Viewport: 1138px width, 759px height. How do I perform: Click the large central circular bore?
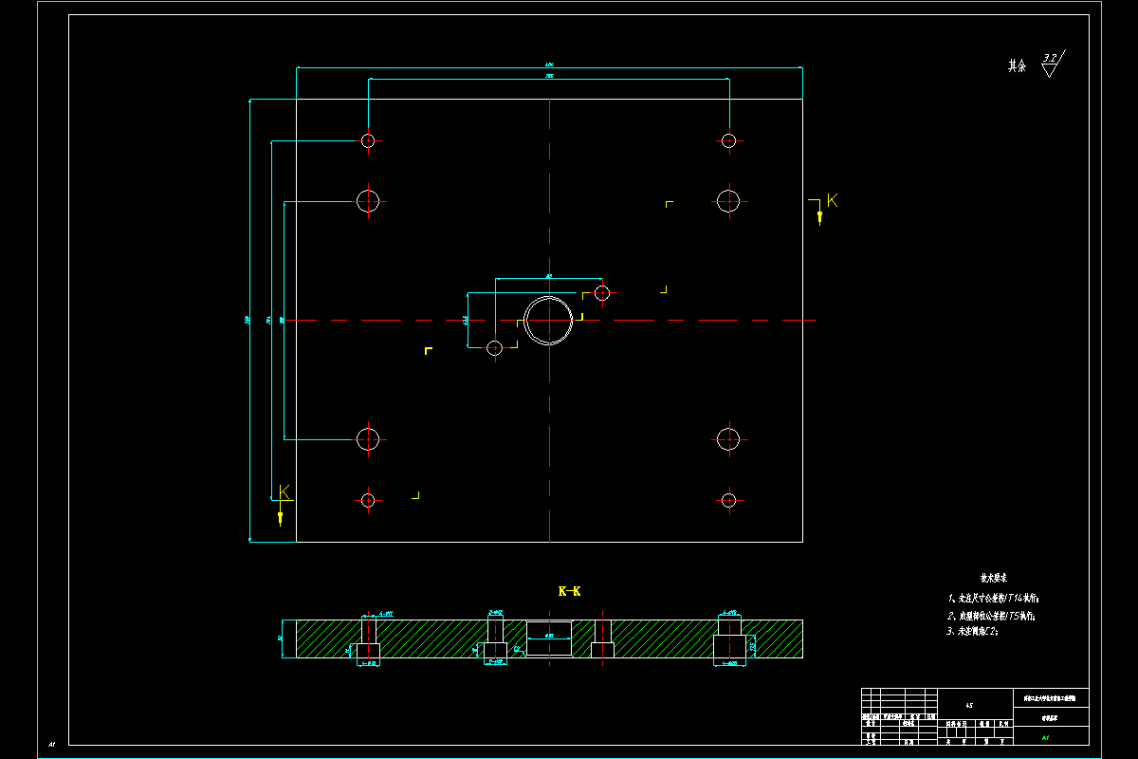point(548,320)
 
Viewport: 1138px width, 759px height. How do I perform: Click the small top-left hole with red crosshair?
point(368,140)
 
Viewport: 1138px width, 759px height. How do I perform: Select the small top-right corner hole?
point(728,140)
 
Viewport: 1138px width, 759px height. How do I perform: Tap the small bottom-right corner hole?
point(728,500)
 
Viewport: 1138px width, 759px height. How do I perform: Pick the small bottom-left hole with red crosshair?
point(368,500)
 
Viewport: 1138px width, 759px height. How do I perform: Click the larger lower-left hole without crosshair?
point(368,438)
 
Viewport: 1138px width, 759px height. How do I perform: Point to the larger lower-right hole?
point(728,438)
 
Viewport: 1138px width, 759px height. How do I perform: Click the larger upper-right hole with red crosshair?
point(728,200)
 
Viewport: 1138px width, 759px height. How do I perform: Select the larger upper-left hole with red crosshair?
point(368,200)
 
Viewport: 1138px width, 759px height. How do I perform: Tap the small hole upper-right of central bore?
point(601,292)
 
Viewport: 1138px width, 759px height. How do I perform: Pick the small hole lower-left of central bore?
point(494,348)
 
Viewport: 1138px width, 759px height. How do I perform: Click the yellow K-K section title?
point(569,591)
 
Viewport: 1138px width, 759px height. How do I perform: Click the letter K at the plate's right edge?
point(833,200)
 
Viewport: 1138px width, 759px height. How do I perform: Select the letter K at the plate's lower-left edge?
point(284,491)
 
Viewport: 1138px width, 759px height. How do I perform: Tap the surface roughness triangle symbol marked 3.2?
point(1050,66)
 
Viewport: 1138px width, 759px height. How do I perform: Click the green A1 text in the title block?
point(1045,736)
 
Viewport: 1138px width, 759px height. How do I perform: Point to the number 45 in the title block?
point(968,705)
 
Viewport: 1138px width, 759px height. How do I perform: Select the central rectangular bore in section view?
point(549,638)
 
